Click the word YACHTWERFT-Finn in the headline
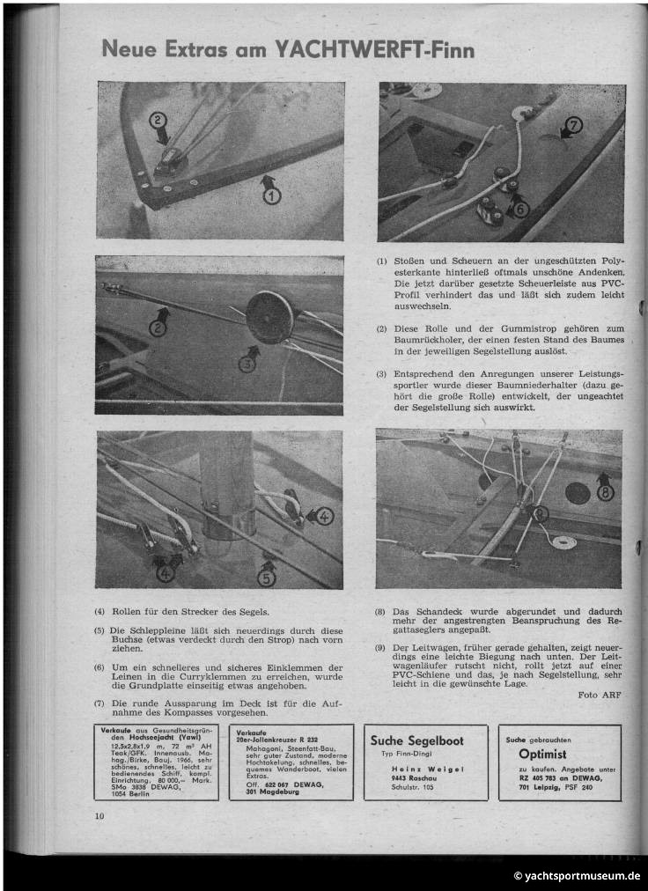(x=375, y=50)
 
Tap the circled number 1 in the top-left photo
(x=272, y=195)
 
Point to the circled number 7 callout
(x=573, y=126)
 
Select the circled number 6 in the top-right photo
(x=521, y=209)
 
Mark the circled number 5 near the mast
(x=267, y=578)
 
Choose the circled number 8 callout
(x=605, y=492)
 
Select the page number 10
(x=99, y=816)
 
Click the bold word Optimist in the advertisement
(x=542, y=755)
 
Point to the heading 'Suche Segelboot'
(x=416, y=740)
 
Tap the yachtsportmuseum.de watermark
(x=578, y=876)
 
